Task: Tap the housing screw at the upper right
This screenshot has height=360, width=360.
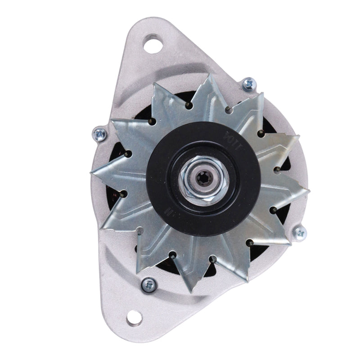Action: click(x=247, y=83)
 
